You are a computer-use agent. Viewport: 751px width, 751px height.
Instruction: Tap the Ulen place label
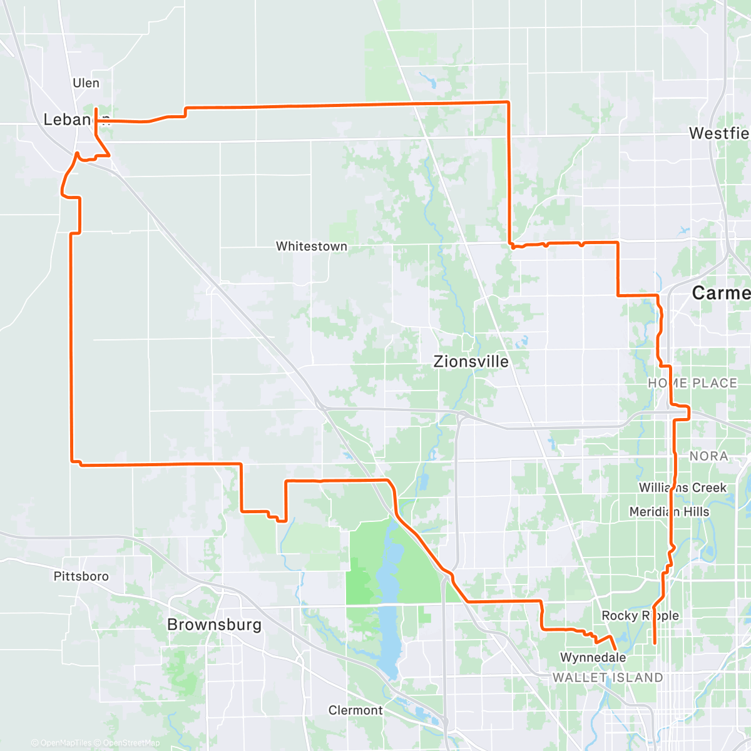(86, 83)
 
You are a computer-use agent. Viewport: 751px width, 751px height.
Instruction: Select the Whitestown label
(312, 246)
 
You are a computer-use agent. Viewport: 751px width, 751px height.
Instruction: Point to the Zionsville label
(471, 361)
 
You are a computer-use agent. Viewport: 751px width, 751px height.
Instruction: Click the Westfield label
(720, 133)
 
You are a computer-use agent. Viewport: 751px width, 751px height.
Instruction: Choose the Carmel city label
(721, 292)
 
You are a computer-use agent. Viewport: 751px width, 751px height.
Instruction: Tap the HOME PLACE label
(692, 383)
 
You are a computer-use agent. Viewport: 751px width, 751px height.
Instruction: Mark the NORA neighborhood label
(708, 456)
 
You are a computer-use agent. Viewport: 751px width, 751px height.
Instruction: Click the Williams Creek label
(682, 488)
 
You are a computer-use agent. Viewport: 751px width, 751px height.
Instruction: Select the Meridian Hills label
(669, 512)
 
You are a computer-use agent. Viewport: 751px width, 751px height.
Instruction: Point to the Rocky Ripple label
(640, 616)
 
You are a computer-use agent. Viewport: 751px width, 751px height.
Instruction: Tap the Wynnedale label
(593, 657)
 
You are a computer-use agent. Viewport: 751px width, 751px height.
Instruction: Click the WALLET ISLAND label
(607, 677)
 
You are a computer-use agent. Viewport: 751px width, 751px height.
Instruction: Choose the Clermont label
(355, 710)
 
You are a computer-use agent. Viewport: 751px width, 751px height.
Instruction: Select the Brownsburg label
(214, 624)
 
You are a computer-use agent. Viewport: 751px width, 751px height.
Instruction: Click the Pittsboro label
(81, 576)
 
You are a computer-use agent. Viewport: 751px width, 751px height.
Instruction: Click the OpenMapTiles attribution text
(62, 743)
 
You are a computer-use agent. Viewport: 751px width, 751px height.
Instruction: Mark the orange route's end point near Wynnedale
(615, 649)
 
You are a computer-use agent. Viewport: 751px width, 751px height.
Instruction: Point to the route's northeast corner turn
(508, 101)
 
